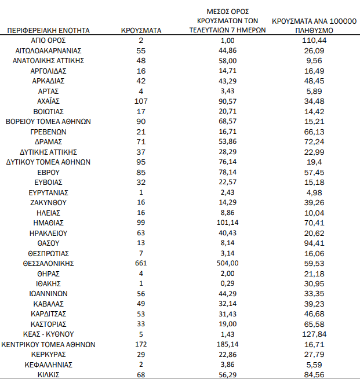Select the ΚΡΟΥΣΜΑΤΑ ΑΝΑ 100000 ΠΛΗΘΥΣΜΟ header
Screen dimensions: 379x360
tap(314, 25)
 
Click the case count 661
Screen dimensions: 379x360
tap(141, 263)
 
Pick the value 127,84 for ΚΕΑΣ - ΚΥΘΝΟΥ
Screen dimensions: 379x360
tap(314, 334)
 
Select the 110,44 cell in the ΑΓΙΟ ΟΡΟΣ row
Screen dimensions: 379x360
tap(314, 41)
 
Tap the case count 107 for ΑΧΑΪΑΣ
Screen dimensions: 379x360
tap(141, 101)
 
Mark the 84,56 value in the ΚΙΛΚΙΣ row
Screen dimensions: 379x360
tap(314, 374)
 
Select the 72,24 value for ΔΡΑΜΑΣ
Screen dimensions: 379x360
tap(314, 142)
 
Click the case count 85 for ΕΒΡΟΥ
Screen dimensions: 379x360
tap(141, 172)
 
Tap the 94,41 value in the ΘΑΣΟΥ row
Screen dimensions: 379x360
tap(314, 243)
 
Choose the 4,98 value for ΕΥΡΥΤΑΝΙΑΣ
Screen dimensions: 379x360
tap(314, 192)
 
